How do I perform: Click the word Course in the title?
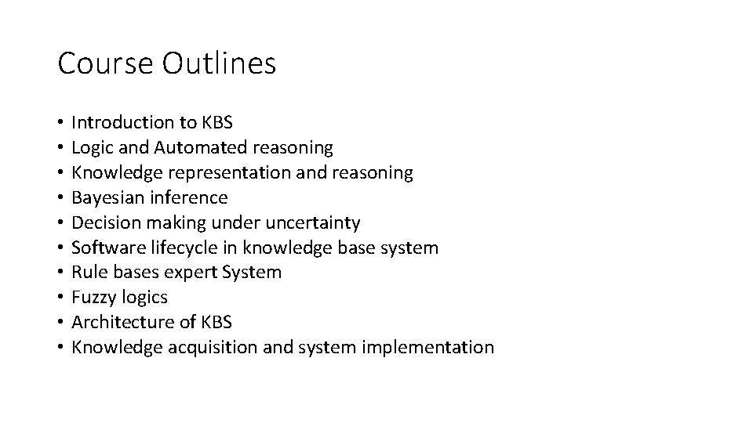point(106,63)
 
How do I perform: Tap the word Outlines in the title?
point(219,63)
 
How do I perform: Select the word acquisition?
point(211,347)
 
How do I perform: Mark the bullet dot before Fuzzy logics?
point(60,298)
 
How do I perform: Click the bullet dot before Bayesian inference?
point(60,197)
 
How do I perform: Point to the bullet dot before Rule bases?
point(60,273)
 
